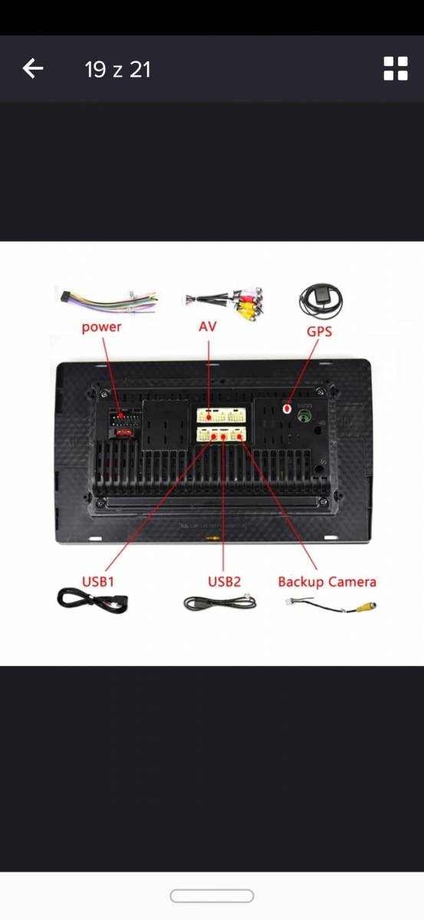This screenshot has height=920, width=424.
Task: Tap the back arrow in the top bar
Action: click(33, 68)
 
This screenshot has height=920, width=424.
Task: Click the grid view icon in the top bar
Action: click(396, 68)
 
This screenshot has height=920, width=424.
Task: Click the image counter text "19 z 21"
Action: click(118, 70)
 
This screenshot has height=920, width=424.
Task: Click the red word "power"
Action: click(101, 327)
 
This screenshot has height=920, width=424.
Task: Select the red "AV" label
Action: click(208, 327)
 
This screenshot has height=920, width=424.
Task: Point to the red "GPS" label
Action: click(319, 331)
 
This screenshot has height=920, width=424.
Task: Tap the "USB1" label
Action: click(98, 582)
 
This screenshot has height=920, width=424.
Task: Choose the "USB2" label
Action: click(224, 582)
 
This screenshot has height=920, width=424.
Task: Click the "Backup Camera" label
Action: click(327, 582)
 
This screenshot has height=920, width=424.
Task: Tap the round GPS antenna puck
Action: click(321, 301)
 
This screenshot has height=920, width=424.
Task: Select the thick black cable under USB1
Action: click(93, 601)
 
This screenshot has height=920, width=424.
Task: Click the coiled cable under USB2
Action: click(220, 603)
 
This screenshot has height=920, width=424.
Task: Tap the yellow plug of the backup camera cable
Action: click(366, 606)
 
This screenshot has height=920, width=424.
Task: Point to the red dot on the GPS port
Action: click(288, 409)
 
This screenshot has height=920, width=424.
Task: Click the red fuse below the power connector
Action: click(123, 432)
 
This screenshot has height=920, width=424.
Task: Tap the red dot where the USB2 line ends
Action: click(223, 437)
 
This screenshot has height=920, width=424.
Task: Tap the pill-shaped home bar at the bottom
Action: click(212, 895)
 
